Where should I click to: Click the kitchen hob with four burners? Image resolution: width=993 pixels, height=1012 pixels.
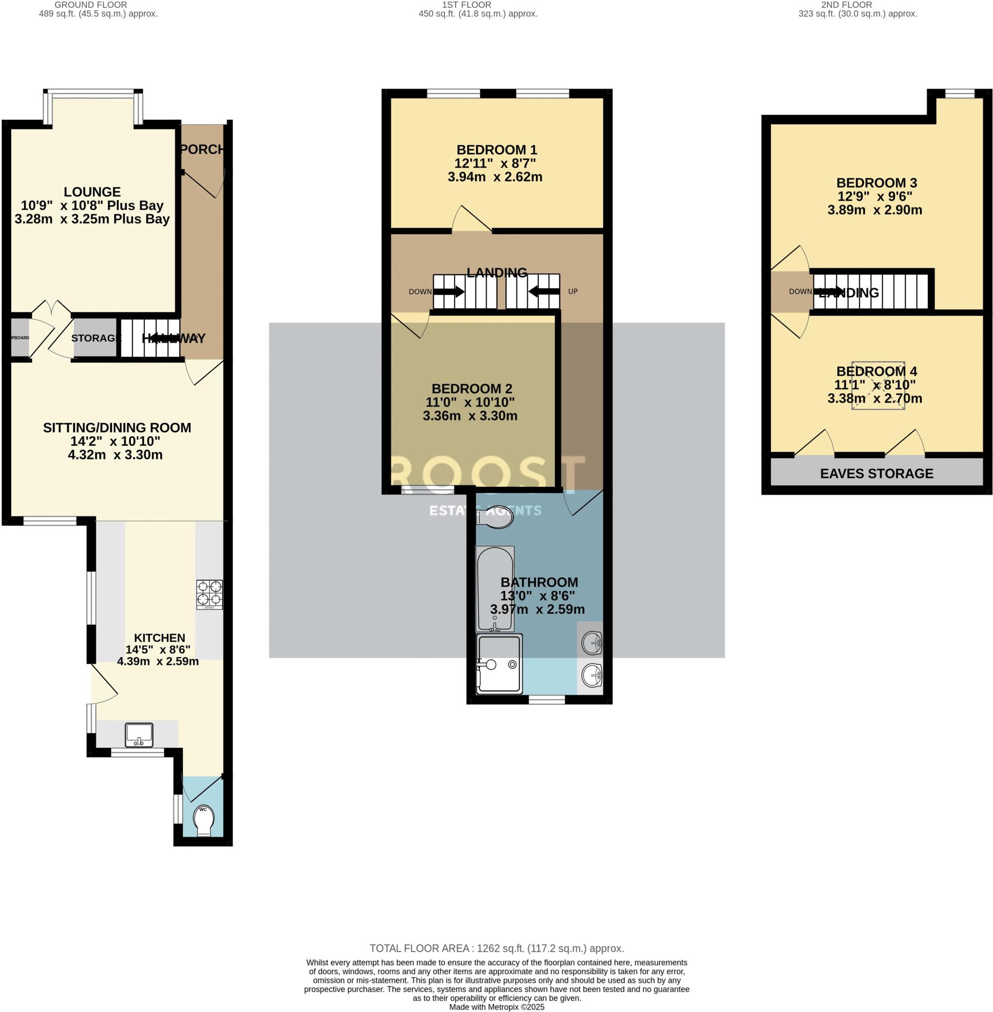click(x=210, y=594)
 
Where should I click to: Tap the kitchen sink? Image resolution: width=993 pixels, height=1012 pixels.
click(x=139, y=735)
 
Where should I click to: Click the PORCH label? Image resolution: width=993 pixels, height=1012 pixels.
click(x=203, y=150)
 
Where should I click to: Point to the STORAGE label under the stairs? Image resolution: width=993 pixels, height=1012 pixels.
click(x=96, y=338)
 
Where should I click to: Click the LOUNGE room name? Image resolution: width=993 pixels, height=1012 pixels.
click(x=92, y=192)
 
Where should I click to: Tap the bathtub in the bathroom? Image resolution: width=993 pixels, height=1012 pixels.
click(x=495, y=588)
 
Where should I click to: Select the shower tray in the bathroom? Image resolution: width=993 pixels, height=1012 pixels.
click(x=500, y=664)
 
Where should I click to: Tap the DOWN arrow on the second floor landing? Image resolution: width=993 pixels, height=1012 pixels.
click(x=828, y=292)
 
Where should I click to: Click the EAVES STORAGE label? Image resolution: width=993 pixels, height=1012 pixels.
click(x=877, y=473)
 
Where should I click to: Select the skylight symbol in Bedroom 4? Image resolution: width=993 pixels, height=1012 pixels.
click(x=878, y=385)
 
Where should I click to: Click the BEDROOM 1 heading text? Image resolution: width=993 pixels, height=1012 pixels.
click(x=496, y=150)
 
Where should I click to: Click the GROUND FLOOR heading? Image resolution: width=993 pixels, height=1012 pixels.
click(x=91, y=4)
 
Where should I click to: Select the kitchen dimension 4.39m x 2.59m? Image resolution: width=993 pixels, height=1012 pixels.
click(x=158, y=662)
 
